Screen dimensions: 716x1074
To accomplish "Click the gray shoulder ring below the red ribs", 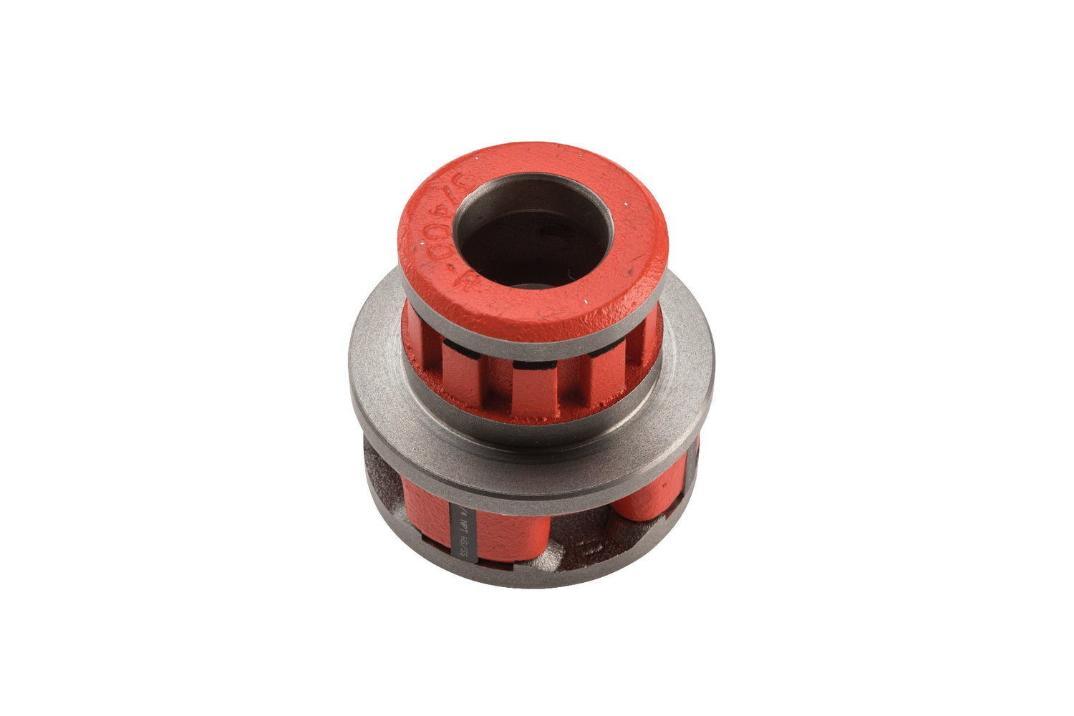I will (x=533, y=433).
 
